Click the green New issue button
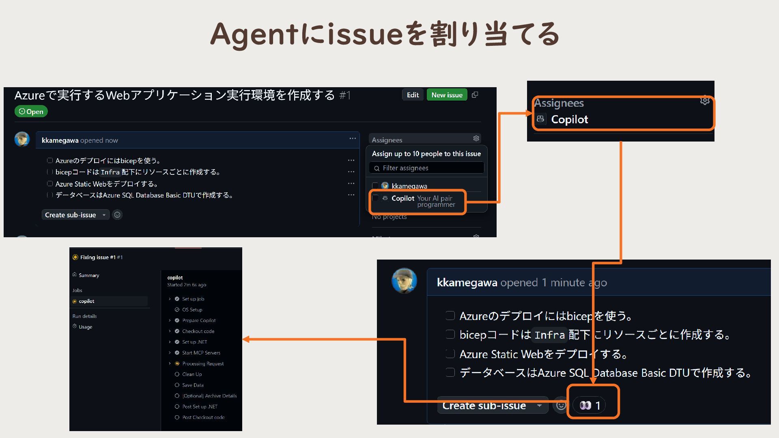click(447, 95)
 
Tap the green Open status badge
click(31, 112)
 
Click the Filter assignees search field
click(427, 168)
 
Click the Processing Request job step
click(203, 364)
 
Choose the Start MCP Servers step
click(201, 353)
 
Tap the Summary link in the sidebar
click(89, 275)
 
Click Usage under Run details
click(85, 327)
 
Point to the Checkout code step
click(198, 331)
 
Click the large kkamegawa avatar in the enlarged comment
click(404, 281)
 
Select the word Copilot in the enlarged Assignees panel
click(569, 119)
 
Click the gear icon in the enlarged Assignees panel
click(705, 101)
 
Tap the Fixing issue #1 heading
click(98, 257)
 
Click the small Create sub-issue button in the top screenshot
click(71, 215)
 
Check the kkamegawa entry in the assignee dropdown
click(409, 186)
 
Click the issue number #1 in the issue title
click(345, 95)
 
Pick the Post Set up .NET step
click(200, 407)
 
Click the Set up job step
click(193, 299)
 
